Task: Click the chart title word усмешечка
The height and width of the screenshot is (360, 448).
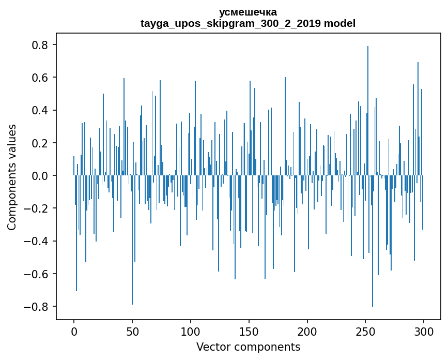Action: [x=248, y=12]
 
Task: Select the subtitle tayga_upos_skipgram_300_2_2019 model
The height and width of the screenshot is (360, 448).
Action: [x=248, y=23]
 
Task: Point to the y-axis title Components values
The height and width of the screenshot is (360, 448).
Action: [x=12, y=177]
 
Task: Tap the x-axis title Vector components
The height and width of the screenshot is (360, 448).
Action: [x=248, y=347]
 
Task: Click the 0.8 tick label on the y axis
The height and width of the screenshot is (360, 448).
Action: [x=41, y=45]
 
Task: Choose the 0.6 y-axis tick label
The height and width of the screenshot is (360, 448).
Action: [x=41, y=78]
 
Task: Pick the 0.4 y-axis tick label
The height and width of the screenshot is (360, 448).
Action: [x=41, y=110]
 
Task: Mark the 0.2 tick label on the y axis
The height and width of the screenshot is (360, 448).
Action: [x=41, y=143]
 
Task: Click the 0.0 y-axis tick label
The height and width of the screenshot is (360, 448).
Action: [x=41, y=176]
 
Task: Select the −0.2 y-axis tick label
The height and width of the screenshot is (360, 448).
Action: [x=37, y=208]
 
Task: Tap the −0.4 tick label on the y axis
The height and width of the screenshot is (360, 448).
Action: [x=37, y=241]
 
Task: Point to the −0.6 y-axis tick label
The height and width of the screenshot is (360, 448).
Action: [x=37, y=274]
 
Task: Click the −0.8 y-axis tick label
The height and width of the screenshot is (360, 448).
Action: [x=37, y=306]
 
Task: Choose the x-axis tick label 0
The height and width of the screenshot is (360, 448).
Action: [x=74, y=331]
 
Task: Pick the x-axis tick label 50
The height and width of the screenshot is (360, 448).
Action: [x=132, y=331]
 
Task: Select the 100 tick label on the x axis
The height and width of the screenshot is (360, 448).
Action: [x=191, y=331]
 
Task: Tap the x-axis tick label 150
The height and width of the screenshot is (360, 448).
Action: [x=249, y=331]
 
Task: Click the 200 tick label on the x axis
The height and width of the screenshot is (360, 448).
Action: [x=307, y=331]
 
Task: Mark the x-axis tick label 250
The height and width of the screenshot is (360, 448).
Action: [x=366, y=331]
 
